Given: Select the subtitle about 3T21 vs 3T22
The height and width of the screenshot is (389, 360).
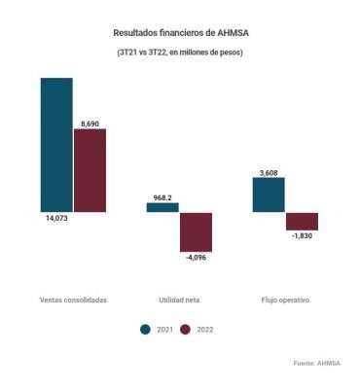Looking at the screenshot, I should (180, 52).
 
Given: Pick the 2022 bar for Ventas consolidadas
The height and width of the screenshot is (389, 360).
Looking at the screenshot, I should (90, 169).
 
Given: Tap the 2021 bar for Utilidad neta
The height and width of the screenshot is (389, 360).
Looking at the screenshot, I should (162, 207).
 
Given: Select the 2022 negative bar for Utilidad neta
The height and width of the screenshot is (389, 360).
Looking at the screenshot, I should (196, 230).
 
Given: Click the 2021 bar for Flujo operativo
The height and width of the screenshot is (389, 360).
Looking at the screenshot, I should (269, 194).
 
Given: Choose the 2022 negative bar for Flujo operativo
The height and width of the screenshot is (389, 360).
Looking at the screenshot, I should (302, 221).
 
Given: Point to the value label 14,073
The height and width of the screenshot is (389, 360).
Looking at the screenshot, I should (56, 219).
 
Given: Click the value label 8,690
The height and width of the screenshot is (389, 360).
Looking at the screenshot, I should (90, 121).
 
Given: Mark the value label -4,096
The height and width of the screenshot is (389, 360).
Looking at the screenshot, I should (196, 257).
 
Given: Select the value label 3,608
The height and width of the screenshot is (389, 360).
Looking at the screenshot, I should (269, 173).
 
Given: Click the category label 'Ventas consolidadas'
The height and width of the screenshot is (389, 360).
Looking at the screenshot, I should (73, 300).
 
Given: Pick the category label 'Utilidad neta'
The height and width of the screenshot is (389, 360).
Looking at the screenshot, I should (179, 300).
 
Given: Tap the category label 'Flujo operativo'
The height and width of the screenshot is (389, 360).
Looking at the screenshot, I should (285, 300).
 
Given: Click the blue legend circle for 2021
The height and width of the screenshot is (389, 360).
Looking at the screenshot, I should (146, 330).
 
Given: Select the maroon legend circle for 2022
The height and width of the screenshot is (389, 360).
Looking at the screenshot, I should (187, 330).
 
